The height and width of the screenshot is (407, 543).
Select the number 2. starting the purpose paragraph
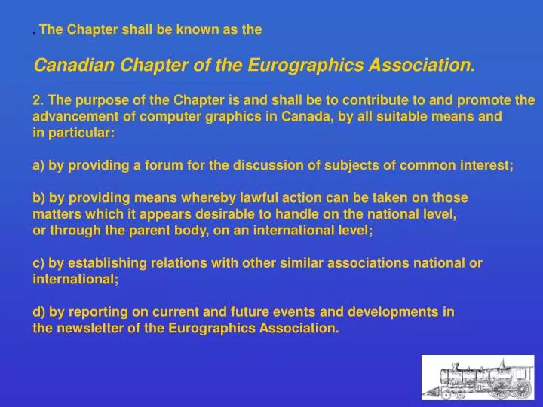click(x=38, y=100)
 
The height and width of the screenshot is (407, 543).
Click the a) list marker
click(x=38, y=165)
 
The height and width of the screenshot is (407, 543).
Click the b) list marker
click(x=38, y=197)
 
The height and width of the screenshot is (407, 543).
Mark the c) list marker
click(x=38, y=263)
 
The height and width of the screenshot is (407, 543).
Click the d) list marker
click(x=38, y=311)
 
